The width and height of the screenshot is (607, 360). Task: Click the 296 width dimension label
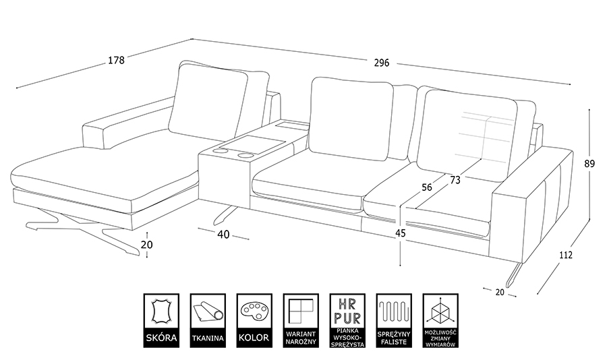382,63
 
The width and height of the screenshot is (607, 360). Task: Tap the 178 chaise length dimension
116,61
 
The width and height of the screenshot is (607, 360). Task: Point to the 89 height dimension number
589,163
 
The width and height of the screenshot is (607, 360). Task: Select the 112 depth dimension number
565,255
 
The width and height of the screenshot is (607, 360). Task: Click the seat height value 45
401,234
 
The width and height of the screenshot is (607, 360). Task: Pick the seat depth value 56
426,188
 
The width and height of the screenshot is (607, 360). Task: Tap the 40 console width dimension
224,235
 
